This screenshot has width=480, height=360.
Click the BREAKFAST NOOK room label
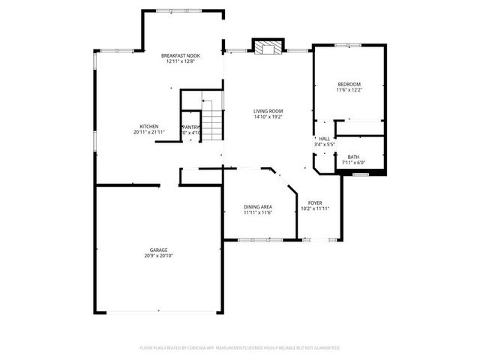[x=180, y=56]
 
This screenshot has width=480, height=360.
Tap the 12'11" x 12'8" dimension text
[x=180, y=62]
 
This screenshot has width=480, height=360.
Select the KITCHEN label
[x=148, y=126]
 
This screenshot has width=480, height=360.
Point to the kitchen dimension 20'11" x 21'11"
[x=148, y=132]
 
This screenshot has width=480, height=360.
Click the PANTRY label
[x=191, y=127]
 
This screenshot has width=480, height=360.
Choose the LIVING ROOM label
[x=268, y=111]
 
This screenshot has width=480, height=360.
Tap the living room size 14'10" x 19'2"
[x=268, y=117]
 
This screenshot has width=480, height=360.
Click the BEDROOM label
[x=349, y=84]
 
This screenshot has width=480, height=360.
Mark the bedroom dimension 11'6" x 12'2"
[x=349, y=90]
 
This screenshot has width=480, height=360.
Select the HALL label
[x=324, y=139]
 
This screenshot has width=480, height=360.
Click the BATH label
[x=353, y=157]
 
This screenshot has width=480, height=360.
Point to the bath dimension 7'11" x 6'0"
[x=353, y=163]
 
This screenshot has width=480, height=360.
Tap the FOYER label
[x=315, y=202]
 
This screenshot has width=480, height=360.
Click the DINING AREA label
[x=257, y=206]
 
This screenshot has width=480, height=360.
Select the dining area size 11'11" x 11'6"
[x=257, y=212]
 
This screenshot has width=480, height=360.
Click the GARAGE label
[x=157, y=250]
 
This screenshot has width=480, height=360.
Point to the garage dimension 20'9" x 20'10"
[x=157, y=256]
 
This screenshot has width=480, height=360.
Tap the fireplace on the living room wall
[x=268, y=46]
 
